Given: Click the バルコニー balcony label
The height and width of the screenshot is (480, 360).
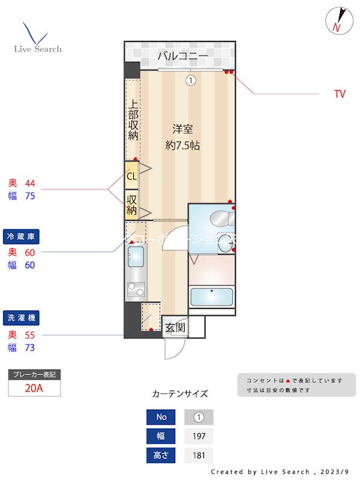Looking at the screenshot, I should [182, 57].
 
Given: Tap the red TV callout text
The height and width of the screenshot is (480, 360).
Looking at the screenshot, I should [340, 94].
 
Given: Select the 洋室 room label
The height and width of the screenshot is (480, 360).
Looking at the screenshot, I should [182, 129].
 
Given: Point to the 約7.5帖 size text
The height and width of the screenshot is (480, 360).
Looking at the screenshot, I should [182, 145].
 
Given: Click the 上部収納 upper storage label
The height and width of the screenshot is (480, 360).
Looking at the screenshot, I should [133, 119].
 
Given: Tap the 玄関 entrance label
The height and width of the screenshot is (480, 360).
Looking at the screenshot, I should [175, 328].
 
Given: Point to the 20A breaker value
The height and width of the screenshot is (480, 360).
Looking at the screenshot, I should [34, 388].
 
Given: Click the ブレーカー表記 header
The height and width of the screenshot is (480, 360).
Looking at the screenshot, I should [34, 374].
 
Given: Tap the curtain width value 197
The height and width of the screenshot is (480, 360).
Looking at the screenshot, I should [199, 436].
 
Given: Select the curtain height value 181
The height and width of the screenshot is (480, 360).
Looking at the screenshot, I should [199, 455].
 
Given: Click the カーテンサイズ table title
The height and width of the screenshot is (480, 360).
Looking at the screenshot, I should [180, 394].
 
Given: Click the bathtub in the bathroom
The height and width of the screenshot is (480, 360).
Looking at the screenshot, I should [211, 298].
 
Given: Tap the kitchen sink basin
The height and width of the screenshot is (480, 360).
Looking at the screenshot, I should [135, 258].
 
